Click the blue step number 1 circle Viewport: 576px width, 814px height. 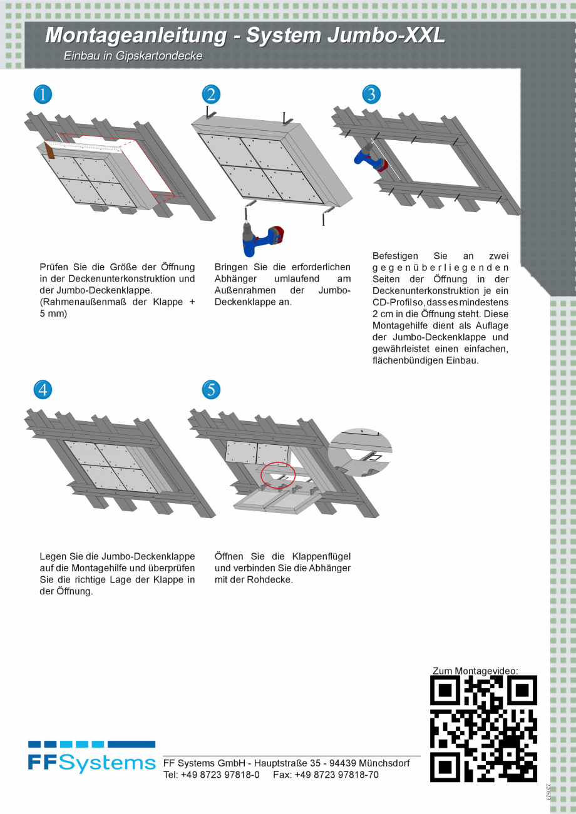[x=43, y=94]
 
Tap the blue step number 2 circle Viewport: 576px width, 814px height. [x=211, y=94]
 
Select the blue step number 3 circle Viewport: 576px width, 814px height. [x=371, y=94]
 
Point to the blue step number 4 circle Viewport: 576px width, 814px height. [x=43, y=390]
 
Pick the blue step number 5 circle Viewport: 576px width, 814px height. [x=211, y=390]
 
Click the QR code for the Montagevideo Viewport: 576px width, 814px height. [x=483, y=729]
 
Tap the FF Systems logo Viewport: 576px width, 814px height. [x=91, y=757]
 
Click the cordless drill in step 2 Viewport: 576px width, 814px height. [x=262, y=238]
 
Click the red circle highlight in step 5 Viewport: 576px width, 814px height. [x=278, y=475]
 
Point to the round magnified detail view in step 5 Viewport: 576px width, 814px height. [x=359, y=452]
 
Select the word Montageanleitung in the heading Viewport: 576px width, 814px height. [x=136, y=36]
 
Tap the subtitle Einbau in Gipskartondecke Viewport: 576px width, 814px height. [x=133, y=56]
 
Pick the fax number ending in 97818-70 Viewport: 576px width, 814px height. [x=336, y=775]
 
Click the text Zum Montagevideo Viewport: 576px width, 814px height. [x=475, y=671]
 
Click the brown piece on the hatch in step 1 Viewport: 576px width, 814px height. [x=50, y=151]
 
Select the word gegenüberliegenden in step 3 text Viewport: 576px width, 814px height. [x=440, y=268]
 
